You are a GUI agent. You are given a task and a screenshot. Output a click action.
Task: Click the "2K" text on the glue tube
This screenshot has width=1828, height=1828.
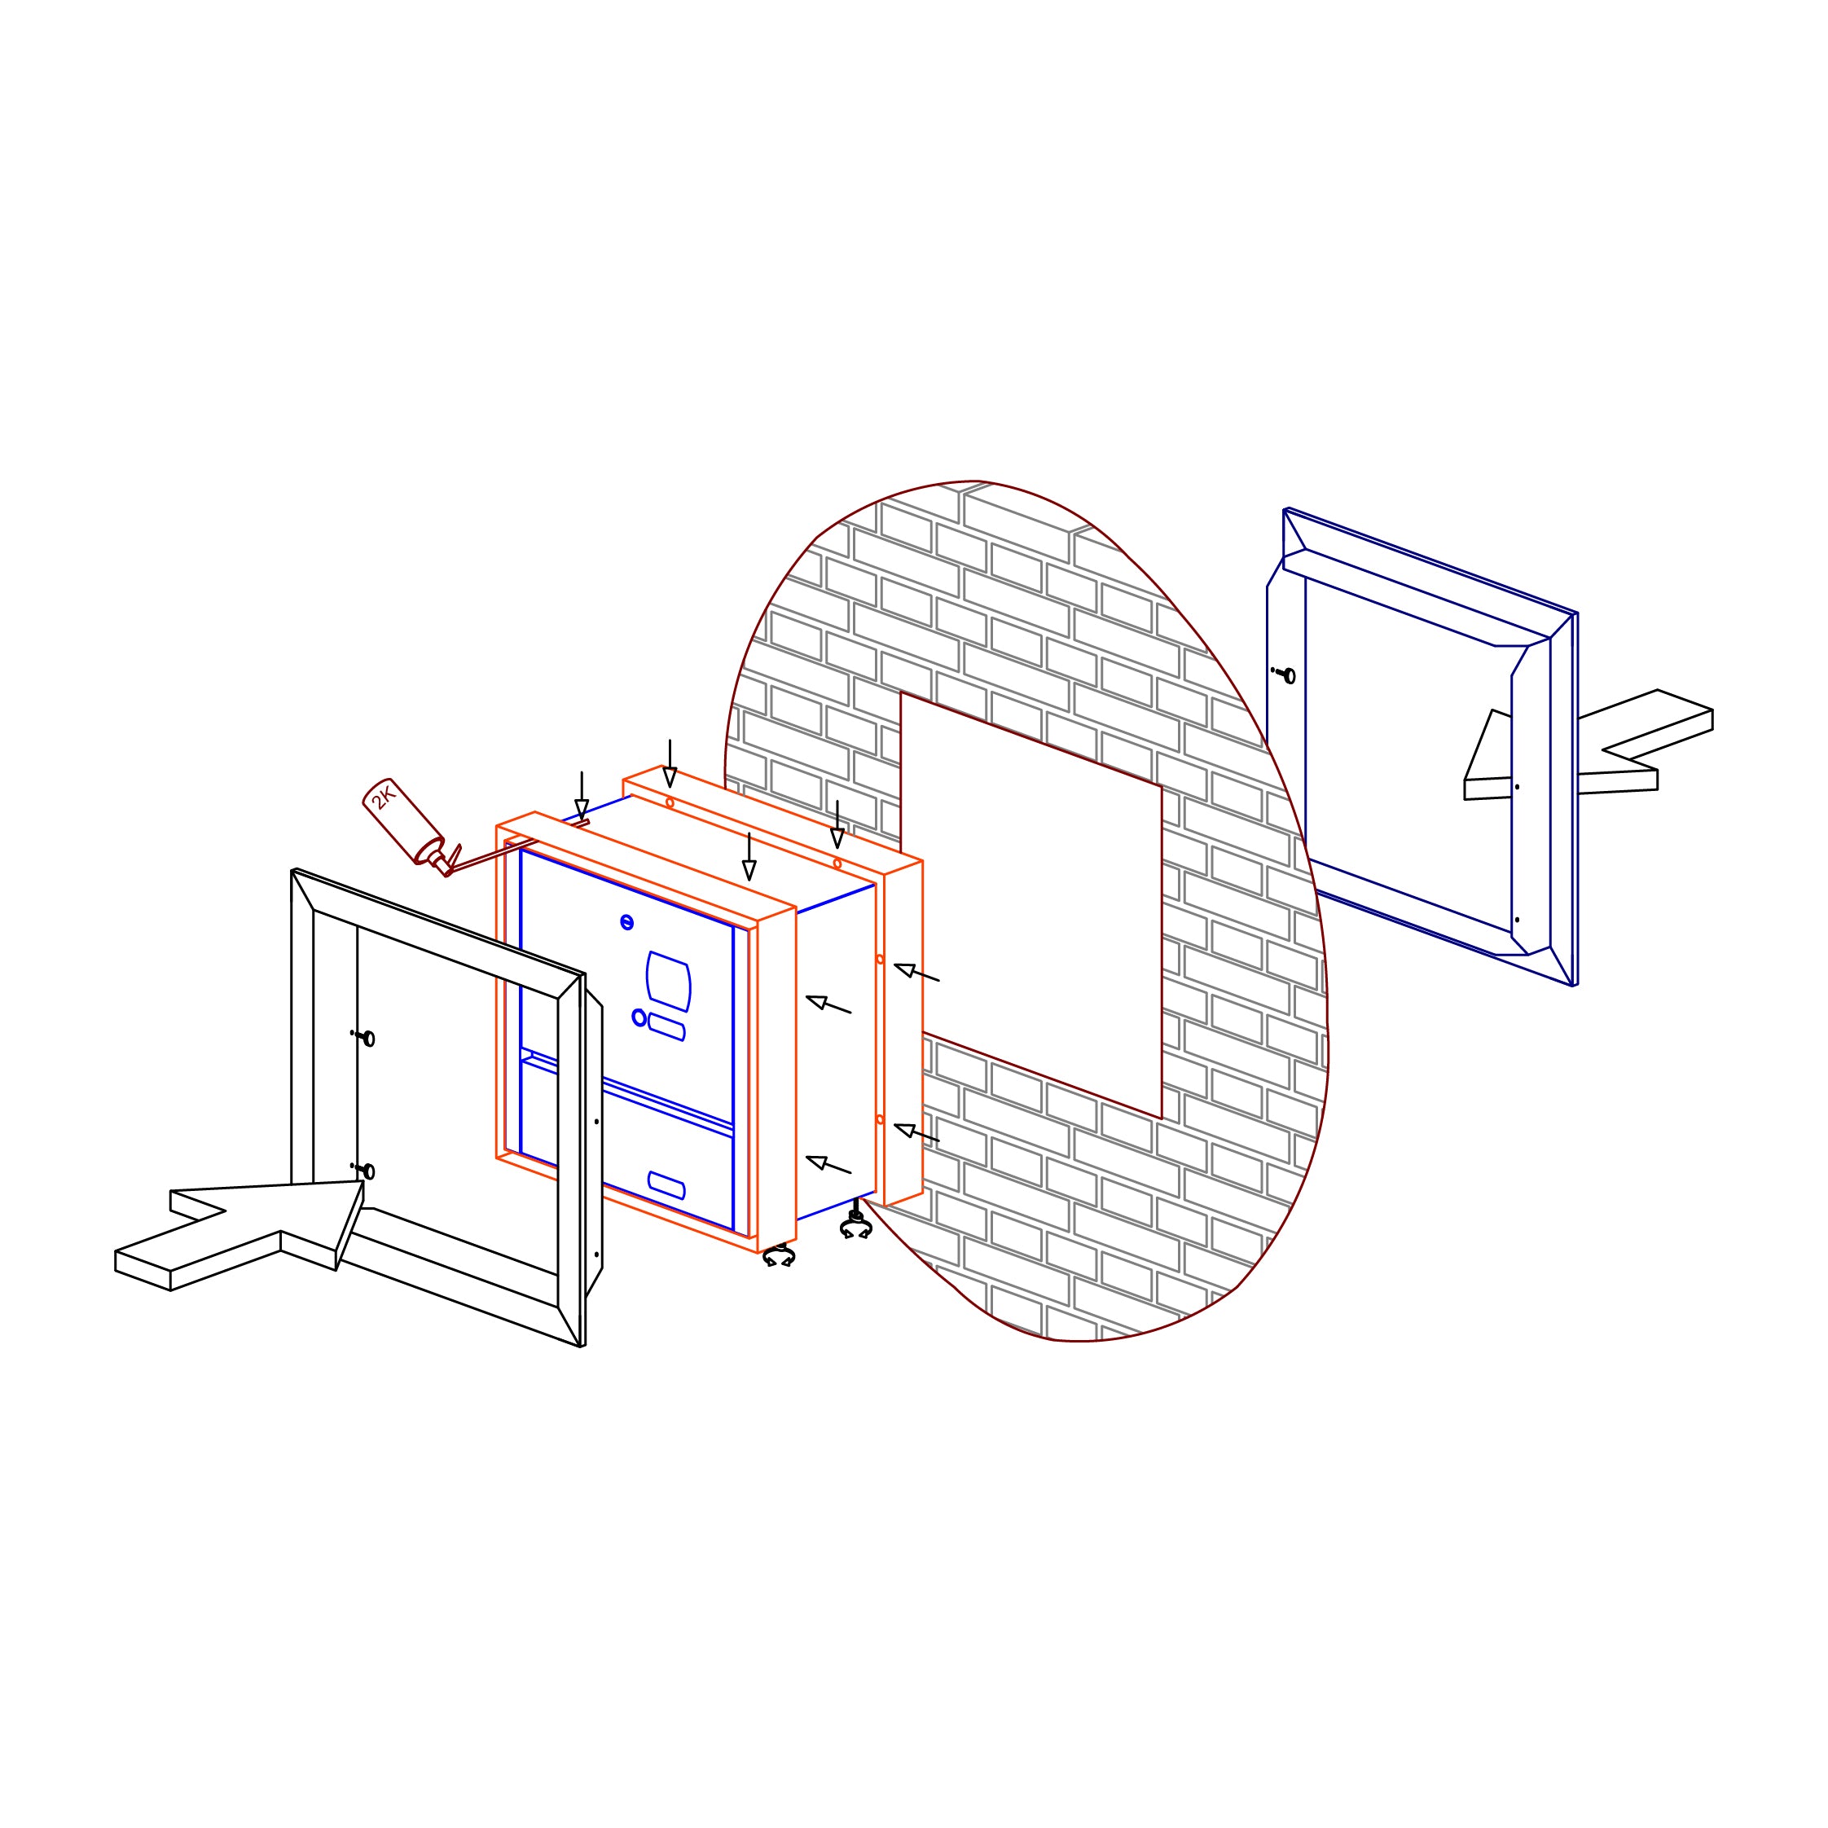click(x=382, y=798)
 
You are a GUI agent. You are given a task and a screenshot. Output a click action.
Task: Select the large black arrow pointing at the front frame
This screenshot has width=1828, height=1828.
click(x=239, y=1235)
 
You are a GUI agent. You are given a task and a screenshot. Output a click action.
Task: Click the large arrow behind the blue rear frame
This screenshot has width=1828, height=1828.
click(x=1589, y=745)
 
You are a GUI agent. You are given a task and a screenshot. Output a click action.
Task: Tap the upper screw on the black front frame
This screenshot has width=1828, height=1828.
click(x=363, y=1037)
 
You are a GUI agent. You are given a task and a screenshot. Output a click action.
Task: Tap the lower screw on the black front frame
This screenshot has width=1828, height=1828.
click(x=363, y=1170)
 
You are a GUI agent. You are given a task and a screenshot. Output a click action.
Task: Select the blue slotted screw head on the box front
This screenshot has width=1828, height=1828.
click(x=626, y=921)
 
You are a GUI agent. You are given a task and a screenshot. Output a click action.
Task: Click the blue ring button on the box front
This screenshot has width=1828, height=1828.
click(x=639, y=1017)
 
